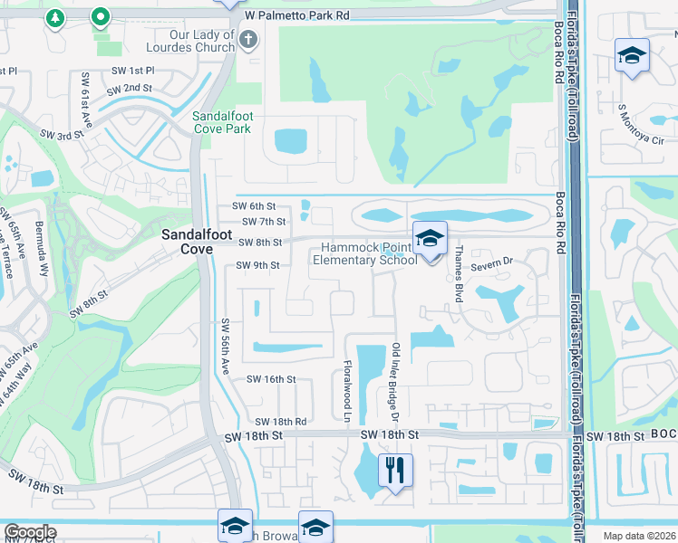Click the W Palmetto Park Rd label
pyautogui.click(x=296, y=15)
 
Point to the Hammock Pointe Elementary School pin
pyautogui.click(x=431, y=238)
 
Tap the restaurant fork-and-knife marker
pyautogui.click(x=395, y=470)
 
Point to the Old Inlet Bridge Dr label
pyautogui.click(x=396, y=382)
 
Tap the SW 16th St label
pyautogui.click(x=271, y=379)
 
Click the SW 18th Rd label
pyautogui.click(x=280, y=422)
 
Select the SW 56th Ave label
pyautogui.click(x=226, y=348)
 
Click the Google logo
pyautogui.click(x=30, y=532)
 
